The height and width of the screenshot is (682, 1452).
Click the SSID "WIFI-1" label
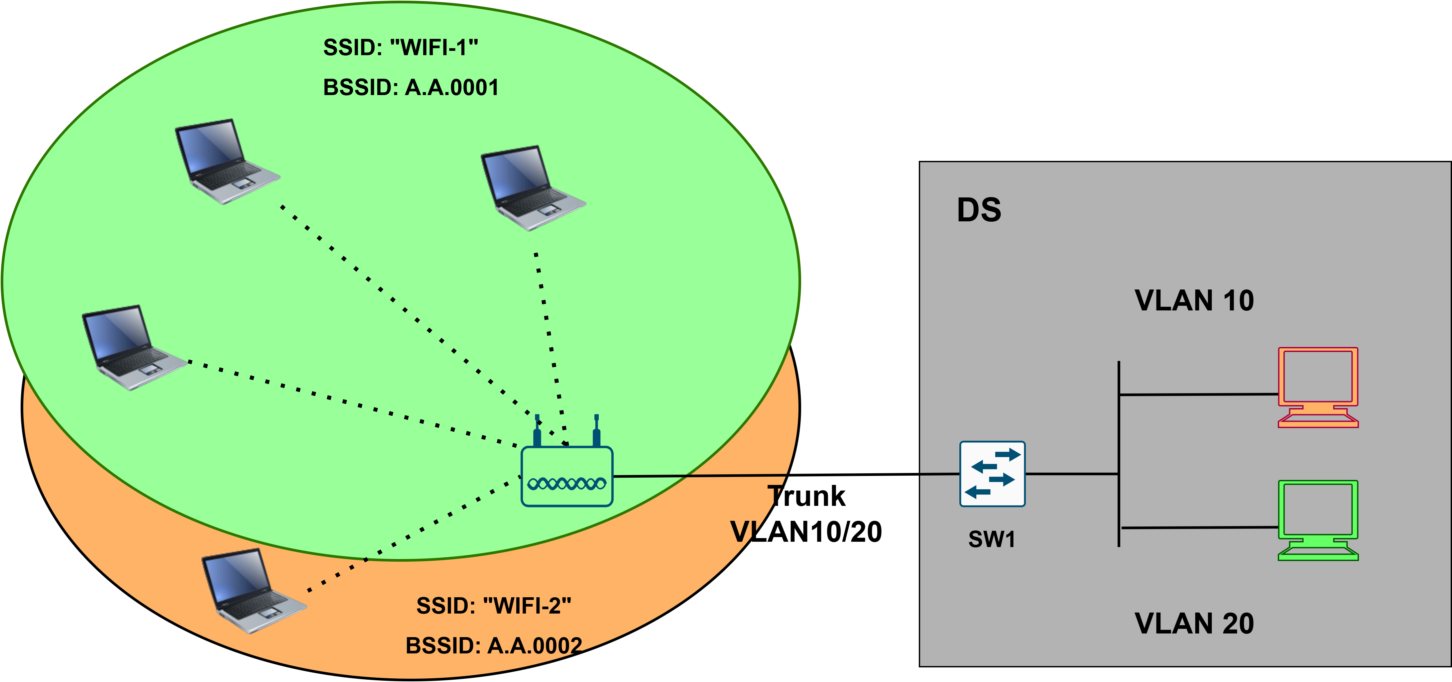pos(400,48)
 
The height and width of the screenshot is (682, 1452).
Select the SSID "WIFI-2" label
pos(494,606)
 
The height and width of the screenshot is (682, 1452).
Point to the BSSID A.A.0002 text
pos(494,646)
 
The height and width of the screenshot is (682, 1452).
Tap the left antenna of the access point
pos(537,431)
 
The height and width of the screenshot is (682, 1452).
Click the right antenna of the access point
pos(596,431)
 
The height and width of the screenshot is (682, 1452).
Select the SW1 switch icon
pos(992,474)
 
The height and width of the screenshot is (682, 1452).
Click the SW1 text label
pos(992,539)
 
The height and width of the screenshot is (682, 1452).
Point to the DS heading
pos(979,210)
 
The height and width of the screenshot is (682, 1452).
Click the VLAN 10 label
pos(1194,300)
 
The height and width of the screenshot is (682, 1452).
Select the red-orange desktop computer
pos(1318,388)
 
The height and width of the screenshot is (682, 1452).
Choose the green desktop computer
pos(1318,520)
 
